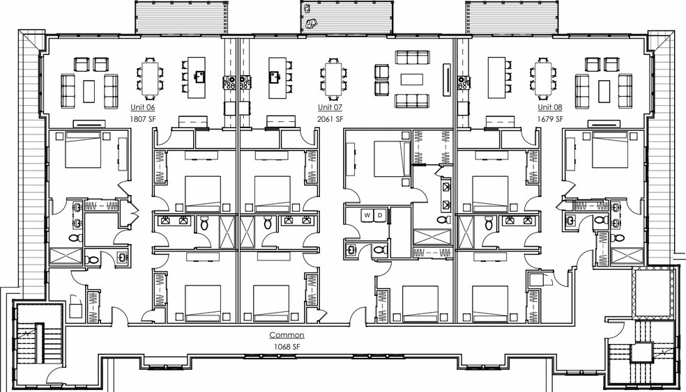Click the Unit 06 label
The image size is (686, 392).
(143, 107)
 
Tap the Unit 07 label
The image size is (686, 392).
(330, 107)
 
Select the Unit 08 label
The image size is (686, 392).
(550, 107)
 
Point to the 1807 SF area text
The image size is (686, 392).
(143, 119)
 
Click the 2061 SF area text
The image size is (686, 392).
(330, 119)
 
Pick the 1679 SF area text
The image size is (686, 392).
(550, 119)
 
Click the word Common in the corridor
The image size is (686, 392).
(287, 335)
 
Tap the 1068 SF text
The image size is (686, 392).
(287, 347)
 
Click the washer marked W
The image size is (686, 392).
(367, 215)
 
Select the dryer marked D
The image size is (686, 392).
(380, 215)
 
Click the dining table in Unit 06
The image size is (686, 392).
(150, 79)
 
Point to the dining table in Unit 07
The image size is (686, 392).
(333, 79)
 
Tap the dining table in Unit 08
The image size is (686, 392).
(542, 79)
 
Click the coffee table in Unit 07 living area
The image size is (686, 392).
(412, 79)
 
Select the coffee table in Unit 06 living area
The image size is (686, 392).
(89, 91)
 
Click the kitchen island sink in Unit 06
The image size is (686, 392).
(200, 77)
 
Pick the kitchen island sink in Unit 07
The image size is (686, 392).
(275, 77)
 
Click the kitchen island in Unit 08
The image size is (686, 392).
(496, 78)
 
